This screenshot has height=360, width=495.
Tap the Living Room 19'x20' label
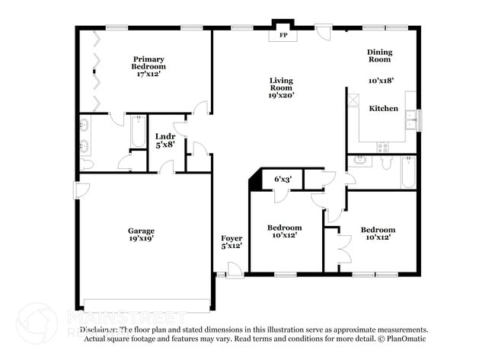(280, 88)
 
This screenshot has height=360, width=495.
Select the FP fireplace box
(283, 35)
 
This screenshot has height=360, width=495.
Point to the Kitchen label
(384, 108)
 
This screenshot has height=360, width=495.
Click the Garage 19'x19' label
(141, 234)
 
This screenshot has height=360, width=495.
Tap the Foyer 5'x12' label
(232, 242)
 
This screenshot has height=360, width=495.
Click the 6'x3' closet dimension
(283, 180)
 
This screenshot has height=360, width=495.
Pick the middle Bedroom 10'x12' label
(284, 231)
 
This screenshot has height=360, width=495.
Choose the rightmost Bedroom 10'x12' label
(378, 233)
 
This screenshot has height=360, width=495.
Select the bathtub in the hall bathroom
(407, 173)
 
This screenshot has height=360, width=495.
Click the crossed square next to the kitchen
(353, 98)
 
